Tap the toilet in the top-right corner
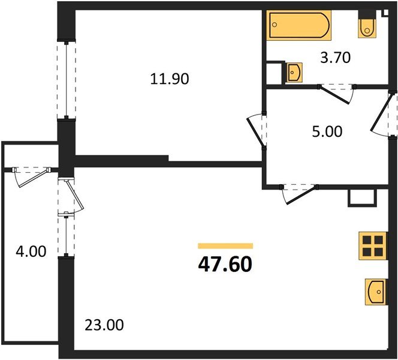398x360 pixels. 367,27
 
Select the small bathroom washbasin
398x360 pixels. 294,72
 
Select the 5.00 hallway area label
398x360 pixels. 328,131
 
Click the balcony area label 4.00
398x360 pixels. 31,252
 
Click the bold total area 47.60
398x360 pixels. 226,263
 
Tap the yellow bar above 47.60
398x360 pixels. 225,245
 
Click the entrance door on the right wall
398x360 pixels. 384,114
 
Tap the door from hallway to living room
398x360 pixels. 298,192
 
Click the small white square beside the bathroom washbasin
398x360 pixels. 275,71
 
